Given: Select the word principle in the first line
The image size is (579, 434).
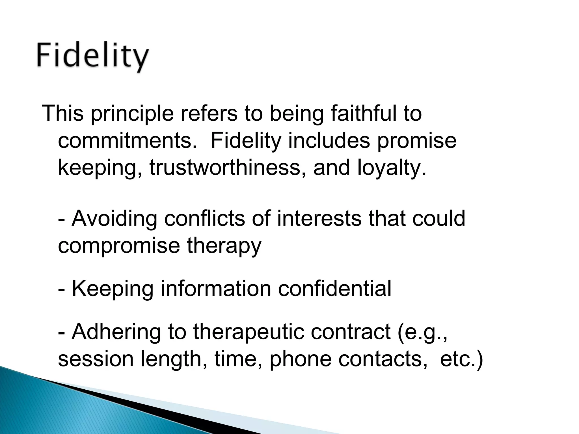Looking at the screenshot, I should pos(132,114).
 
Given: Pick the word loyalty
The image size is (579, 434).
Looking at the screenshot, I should pos(391,168).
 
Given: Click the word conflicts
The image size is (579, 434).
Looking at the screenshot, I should pos(204,218).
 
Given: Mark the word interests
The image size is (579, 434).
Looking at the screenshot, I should pos(319,218).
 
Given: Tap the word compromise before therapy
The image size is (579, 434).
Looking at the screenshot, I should pos(119,246).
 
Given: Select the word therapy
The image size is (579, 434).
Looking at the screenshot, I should pos(224,246).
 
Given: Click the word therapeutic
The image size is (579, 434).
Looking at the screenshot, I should pos(249,332).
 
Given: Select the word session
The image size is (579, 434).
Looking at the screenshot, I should pos(96,359).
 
